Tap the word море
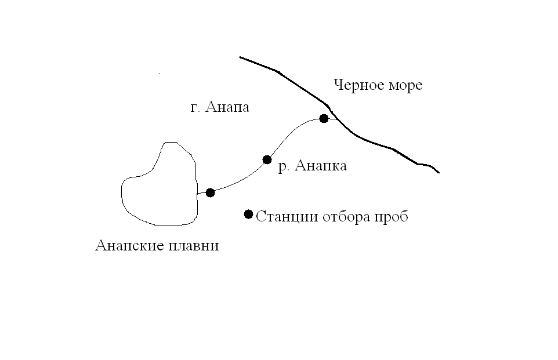point(404,86)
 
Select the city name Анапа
point(228,108)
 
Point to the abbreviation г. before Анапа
point(195,108)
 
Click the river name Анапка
point(321,166)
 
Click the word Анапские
point(127,246)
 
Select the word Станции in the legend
point(282,217)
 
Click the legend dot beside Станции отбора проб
point(248,214)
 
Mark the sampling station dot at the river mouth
point(324,119)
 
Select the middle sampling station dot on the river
point(267,159)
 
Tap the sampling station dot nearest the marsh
point(210,192)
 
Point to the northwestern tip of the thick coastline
point(240,57)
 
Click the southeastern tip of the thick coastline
point(440,173)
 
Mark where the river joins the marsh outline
point(197,194)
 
